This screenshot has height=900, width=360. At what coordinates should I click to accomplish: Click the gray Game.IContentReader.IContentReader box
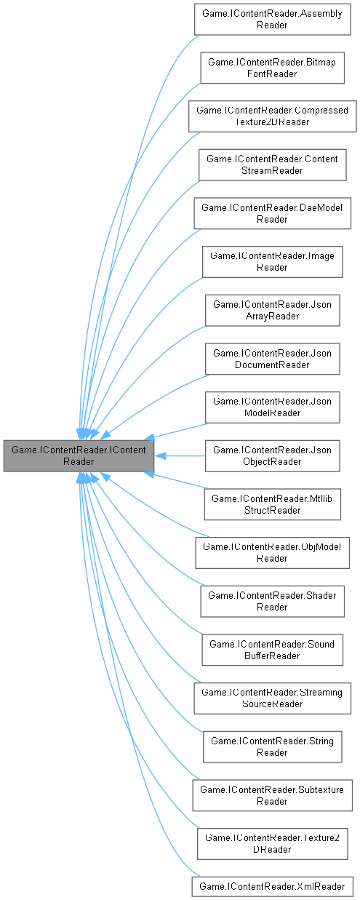click(79, 456)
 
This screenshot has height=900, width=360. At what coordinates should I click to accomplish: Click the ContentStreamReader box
click(272, 164)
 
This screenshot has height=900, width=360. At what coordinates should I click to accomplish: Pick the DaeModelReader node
click(272, 213)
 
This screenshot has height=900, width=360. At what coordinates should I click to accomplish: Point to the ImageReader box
click(272, 262)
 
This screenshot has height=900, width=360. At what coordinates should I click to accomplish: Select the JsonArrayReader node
click(272, 311)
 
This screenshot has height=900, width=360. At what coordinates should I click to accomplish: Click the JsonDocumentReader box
click(272, 359)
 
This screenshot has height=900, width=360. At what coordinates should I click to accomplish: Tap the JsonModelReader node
click(272, 407)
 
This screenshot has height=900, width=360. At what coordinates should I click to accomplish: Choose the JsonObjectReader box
click(272, 456)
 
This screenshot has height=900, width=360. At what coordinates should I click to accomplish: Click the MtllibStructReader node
click(272, 505)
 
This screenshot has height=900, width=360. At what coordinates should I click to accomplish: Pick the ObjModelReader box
click(272, 553)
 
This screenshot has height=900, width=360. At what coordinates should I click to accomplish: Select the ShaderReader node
click(272, 602)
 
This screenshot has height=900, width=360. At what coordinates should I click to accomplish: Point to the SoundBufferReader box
click(272, 650)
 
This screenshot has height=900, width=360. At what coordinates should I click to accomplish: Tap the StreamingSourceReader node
click(272, 699)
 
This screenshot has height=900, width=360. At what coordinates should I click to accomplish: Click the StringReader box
click(272, 748)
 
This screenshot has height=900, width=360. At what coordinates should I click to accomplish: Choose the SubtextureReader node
click(272, 796)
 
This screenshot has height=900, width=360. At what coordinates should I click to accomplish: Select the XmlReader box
click(272, 885)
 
